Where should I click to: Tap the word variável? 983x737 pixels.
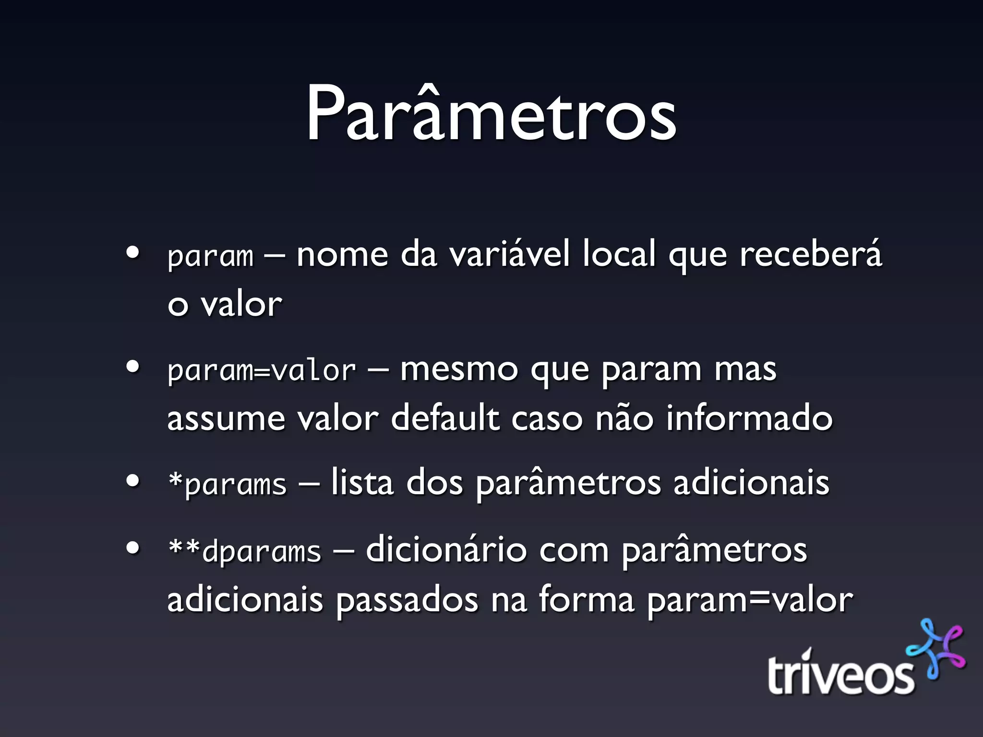(x=509, y=254)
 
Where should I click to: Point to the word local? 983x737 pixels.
(x=619, y=254)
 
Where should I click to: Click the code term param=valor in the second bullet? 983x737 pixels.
(x=262, y=371)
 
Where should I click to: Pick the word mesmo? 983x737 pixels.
(x=459, y=369)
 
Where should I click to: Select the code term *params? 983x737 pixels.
(x=227, y=484)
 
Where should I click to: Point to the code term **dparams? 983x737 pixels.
(x=244, y=551)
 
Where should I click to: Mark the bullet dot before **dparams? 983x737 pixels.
(x=132, y=548)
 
